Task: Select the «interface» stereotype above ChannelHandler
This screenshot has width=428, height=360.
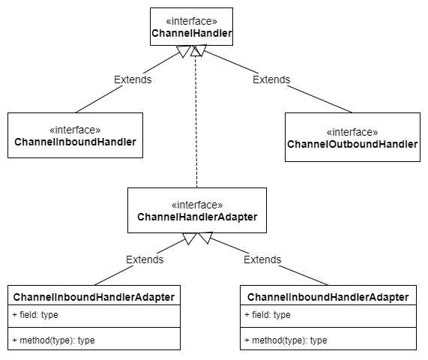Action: point(191,21)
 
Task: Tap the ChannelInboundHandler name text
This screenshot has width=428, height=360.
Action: point(75,142)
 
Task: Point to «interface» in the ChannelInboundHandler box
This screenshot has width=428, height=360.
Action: point(75,129)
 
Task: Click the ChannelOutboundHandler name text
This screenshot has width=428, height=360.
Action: point(352,144)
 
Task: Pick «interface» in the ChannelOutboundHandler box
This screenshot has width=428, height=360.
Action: point(352,132)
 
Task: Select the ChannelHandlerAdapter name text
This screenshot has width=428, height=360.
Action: point(197,217)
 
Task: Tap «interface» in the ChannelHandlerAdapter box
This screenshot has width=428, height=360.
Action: point(197,204)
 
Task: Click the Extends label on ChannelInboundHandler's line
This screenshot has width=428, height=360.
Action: point(133,79)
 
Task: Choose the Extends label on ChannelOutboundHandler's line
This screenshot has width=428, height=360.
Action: point(271,79)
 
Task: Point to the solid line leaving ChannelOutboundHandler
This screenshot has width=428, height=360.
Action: point(307,98)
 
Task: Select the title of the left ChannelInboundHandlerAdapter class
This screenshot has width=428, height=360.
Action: point(94,297)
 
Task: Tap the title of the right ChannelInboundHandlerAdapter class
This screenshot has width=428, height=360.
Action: point(328,297)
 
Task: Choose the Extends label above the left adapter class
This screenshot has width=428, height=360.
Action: point(145,259)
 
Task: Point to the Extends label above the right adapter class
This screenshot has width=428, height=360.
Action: point(262,259)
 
